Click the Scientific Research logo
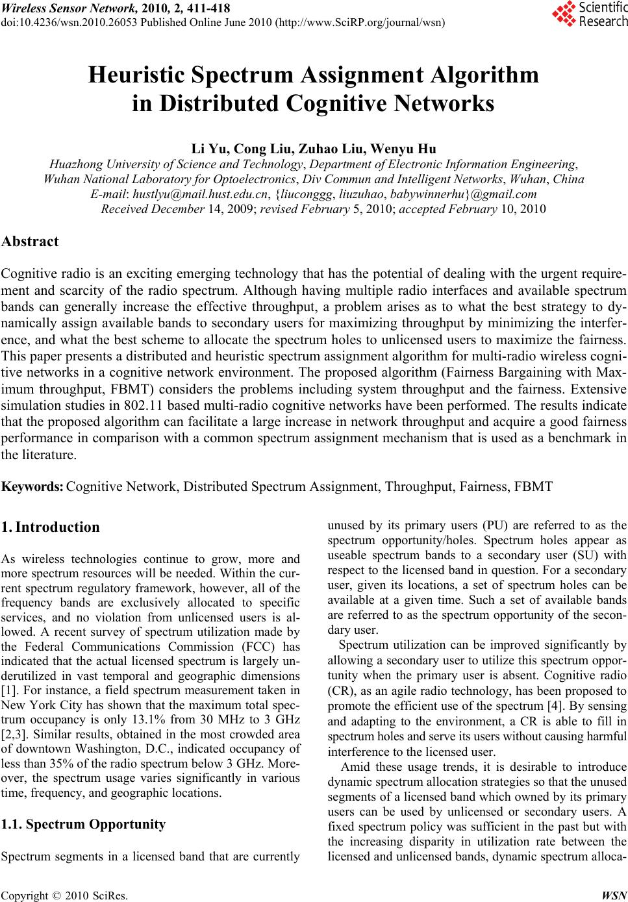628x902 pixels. (590, 15)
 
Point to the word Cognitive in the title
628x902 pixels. (327, 104)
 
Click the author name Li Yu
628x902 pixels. (206, 149)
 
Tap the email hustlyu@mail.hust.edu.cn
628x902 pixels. (193, 194)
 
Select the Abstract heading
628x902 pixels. (31, 242)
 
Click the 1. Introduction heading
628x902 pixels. (51, 527)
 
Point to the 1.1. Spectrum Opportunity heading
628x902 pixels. (84, 825)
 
